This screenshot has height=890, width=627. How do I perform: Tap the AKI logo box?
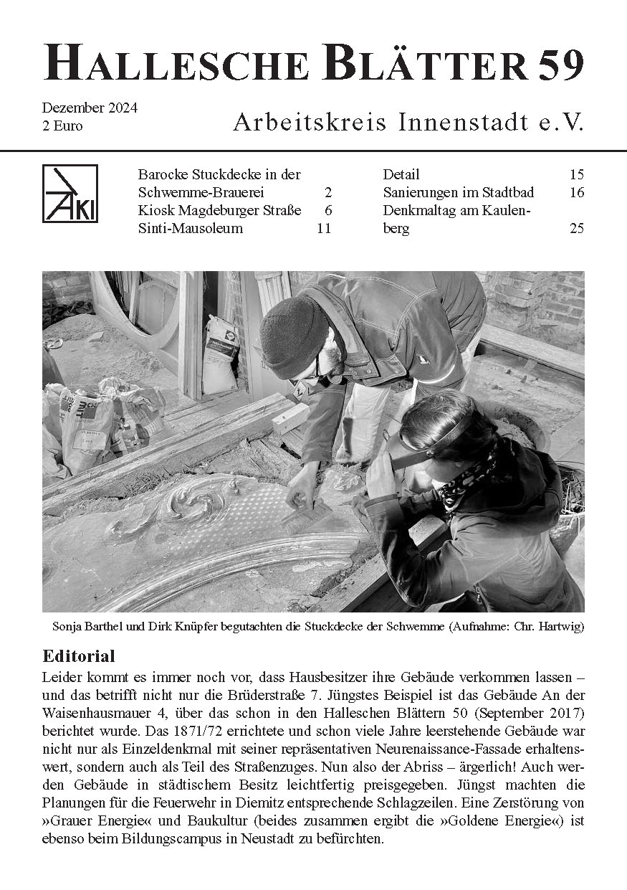(x=70, y=194)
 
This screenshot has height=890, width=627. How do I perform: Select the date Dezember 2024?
(x=90, y=109)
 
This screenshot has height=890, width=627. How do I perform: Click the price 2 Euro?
(x=62, y=126)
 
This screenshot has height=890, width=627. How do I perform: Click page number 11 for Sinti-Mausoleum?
(x=323, y=229)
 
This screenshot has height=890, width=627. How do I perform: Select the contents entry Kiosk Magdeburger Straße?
(x=219, y=211)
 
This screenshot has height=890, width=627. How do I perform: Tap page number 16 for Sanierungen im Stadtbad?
(x=577, y=193)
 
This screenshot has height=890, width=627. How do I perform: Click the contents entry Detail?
(x=401, y=175)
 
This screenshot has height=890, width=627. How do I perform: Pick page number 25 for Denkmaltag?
(x=577, y=229)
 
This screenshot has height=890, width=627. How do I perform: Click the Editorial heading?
(x=79, y=656)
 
